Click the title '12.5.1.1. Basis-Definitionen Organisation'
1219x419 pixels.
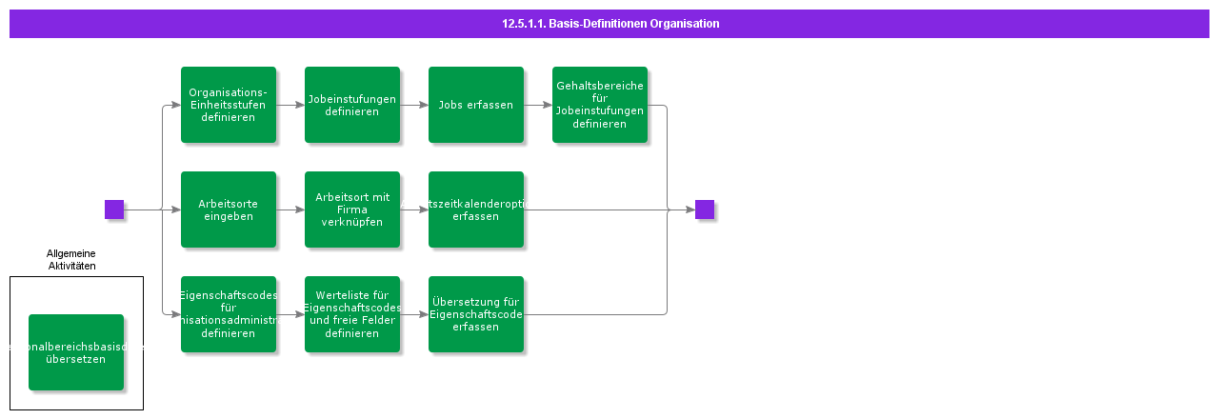coord(609,24)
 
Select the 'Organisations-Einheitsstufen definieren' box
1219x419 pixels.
coord(229,105)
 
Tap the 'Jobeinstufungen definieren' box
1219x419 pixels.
coord(352,105)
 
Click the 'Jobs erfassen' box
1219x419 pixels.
coord(476,105)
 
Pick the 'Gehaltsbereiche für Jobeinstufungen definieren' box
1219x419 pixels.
coord(600,105)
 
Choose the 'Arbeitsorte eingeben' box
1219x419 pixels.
coord(229,209)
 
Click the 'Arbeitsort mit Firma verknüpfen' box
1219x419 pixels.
coord(352,209)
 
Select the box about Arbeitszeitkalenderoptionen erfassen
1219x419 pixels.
coord(476,209)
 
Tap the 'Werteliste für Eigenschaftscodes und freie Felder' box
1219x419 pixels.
coord(352,314)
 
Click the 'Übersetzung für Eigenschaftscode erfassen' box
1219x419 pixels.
coord(476,314)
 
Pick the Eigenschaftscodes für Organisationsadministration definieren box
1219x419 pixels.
coord(229,314)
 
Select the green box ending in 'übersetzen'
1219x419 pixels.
coord(76,352)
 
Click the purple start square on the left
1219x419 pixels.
coord(114,209)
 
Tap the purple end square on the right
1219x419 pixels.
coord(705,209)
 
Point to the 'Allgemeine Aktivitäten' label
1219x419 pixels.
coord(71,259)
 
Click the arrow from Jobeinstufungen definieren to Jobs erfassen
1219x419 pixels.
coord(414,105)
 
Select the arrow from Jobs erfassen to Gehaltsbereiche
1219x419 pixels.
coord(538,105)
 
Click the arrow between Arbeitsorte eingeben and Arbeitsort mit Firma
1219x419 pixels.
coord(290,209)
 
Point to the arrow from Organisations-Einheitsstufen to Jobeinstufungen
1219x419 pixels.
coord(290,105)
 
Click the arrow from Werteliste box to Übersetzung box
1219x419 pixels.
coord(414,314)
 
